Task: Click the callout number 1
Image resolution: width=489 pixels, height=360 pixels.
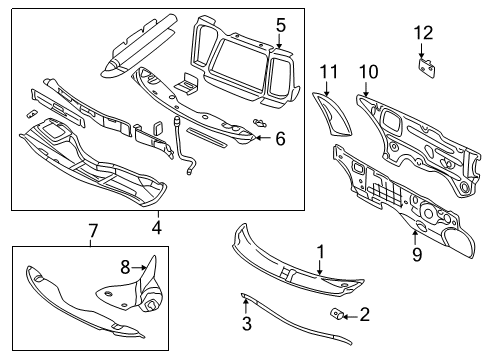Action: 321,252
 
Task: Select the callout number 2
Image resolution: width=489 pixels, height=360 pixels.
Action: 364,315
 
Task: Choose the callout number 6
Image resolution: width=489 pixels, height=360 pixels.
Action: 280,139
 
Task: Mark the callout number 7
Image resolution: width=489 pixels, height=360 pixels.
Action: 92,232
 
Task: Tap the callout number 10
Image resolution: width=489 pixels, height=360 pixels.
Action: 369,71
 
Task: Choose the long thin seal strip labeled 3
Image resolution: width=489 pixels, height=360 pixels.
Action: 300,326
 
